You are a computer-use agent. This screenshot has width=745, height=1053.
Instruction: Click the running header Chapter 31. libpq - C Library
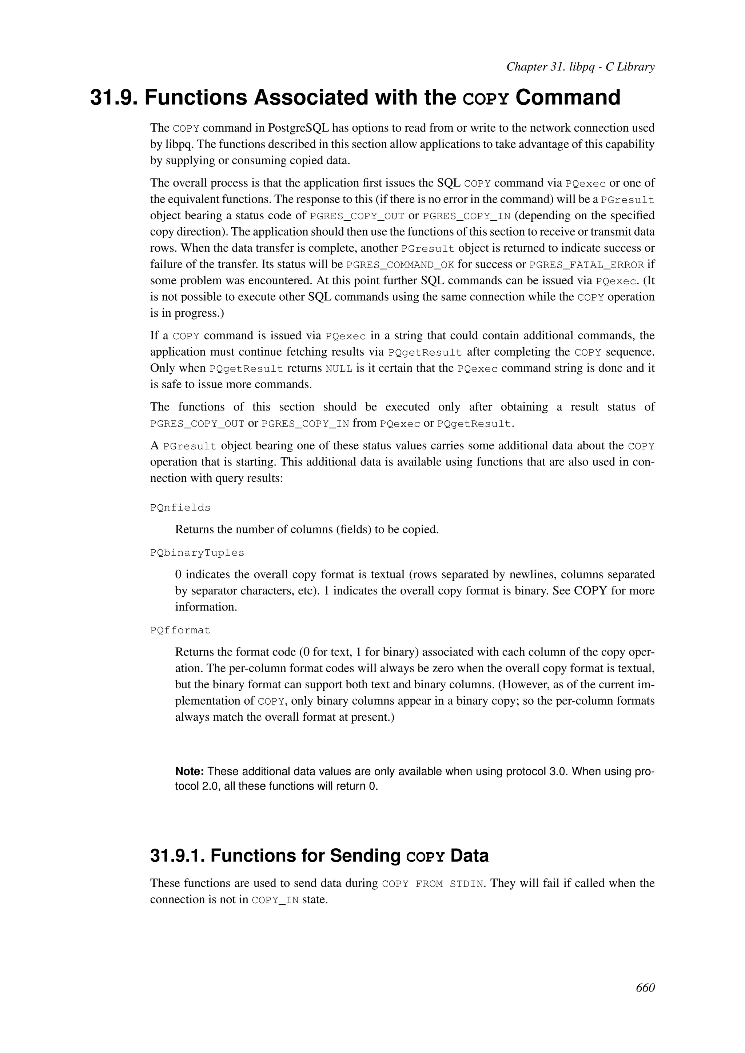coord(580,67)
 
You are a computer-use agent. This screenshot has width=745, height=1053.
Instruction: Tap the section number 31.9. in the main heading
coord(115,98)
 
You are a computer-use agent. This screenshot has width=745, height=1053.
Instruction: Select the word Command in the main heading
coord(568,98)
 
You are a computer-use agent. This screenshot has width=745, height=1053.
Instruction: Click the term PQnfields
coord(180,508)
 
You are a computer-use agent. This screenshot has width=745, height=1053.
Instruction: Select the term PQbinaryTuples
coord(197,553)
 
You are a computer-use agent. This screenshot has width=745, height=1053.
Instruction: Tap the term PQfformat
coord(180,630)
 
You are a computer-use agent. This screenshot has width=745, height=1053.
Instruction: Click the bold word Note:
coord(189,772)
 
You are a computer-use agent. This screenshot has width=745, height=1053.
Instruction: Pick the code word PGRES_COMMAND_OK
coord(399,265)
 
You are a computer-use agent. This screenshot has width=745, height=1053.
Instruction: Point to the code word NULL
coord(339,369)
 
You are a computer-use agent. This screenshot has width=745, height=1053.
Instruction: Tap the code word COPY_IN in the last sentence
coord(275,900)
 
